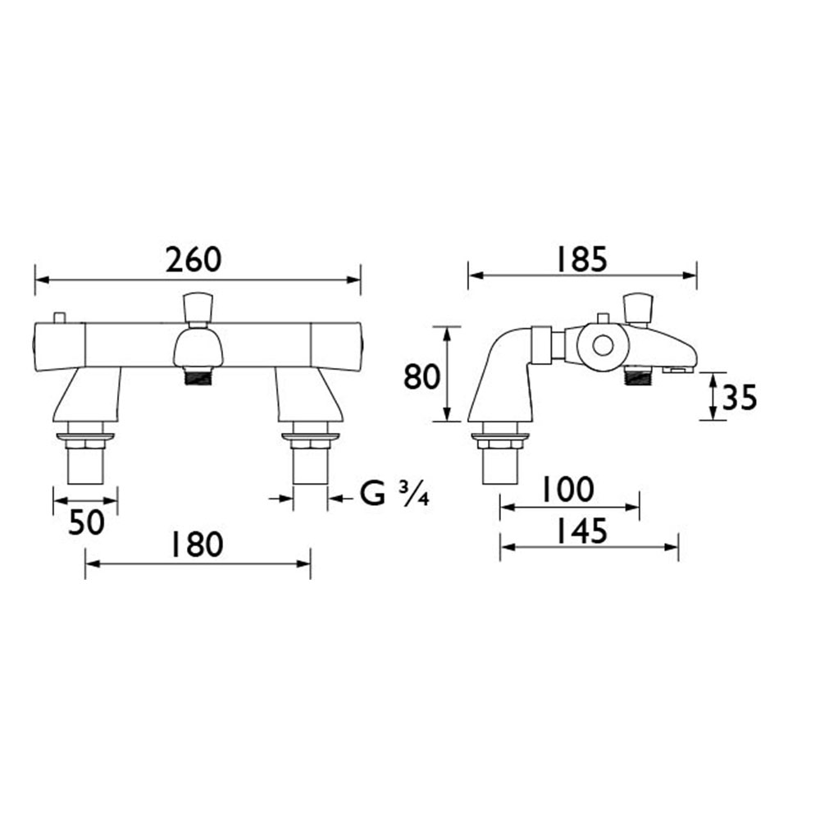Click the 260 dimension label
tap(194, 260)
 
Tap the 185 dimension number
tap(581, 259)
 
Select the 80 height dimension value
tap(421, 376)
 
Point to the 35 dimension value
tap(740, 397)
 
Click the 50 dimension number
tap(86, 522)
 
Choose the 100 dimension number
tap(568, 489)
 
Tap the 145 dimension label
tap(581, 531)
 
